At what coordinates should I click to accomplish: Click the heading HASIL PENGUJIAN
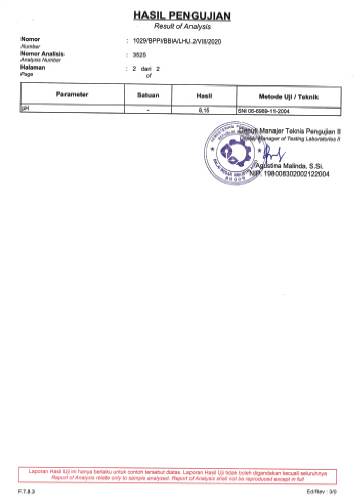(x=182, y=16)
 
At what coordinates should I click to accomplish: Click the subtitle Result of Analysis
(x=182, y=27)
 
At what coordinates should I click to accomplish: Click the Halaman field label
(x=33, y=67)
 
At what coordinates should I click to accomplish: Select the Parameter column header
(x=72, y=95)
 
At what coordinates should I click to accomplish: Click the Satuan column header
(x=148, y=95)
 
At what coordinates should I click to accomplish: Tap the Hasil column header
(x=204, y=95)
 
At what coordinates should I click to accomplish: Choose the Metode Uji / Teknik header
(x=289, y=96)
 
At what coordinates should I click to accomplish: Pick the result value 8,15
(x=204, y=110)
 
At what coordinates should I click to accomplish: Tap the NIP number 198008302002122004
(x=297, y=174)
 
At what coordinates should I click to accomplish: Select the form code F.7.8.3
(x=25, y=491)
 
